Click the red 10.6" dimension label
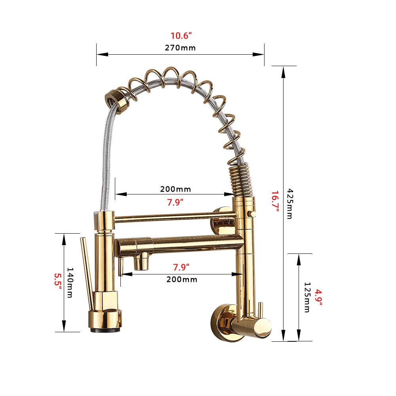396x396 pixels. pos(181,36)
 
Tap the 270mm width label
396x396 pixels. pos(180,48)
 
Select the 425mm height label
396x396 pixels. pos(290,204)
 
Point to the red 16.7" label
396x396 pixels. pos(275,201)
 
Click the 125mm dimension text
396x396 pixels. pos(307,297)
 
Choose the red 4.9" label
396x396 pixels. pos(319,297)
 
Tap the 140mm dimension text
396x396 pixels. pos(70,283)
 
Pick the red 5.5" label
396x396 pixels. pos(58,282)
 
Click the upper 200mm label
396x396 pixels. pos(175,189)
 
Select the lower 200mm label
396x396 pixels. pos(182,279)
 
